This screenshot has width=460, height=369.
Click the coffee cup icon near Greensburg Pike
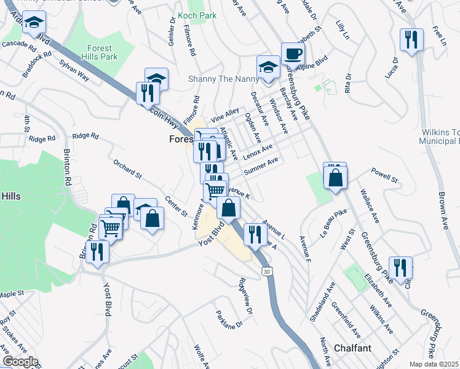click(293, 53)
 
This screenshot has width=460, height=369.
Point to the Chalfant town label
click(352, 348)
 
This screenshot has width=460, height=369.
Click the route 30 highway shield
click(266, 271)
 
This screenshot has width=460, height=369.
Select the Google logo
click(20, 362)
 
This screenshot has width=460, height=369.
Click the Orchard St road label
click(127, 170)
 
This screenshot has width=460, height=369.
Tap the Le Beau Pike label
click(328, 223)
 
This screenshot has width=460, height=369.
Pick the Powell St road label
click(384, 176)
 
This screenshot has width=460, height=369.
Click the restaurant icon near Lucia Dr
click(410, 39)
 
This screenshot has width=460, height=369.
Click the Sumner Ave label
click(261, 165)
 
